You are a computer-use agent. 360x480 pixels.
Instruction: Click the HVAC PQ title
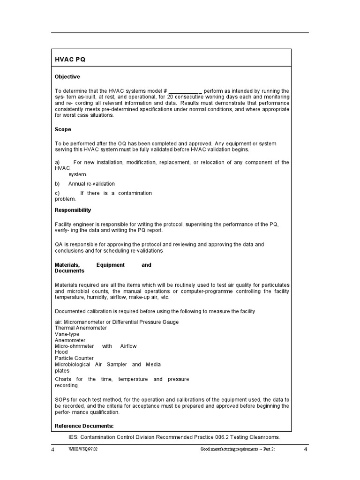tap(70, 60)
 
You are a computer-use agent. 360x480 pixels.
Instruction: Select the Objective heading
tap(67, 76)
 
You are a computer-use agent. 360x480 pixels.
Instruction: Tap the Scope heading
tap(63, 129)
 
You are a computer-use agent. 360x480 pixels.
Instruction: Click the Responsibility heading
tap(73, 210)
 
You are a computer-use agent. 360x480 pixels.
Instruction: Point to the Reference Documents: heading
tap(84, 426)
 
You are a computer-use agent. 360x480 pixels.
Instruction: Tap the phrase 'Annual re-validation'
tap(91, 184)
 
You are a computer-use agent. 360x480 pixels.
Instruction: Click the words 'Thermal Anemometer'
tap(81, 328)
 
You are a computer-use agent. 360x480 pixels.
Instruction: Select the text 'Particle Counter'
tap(74, 358)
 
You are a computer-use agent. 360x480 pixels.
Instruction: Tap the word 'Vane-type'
tap(67, 334)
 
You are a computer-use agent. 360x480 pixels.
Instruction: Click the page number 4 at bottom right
tap(305, 450)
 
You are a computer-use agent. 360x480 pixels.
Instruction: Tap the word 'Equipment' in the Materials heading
tap(111, 265)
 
